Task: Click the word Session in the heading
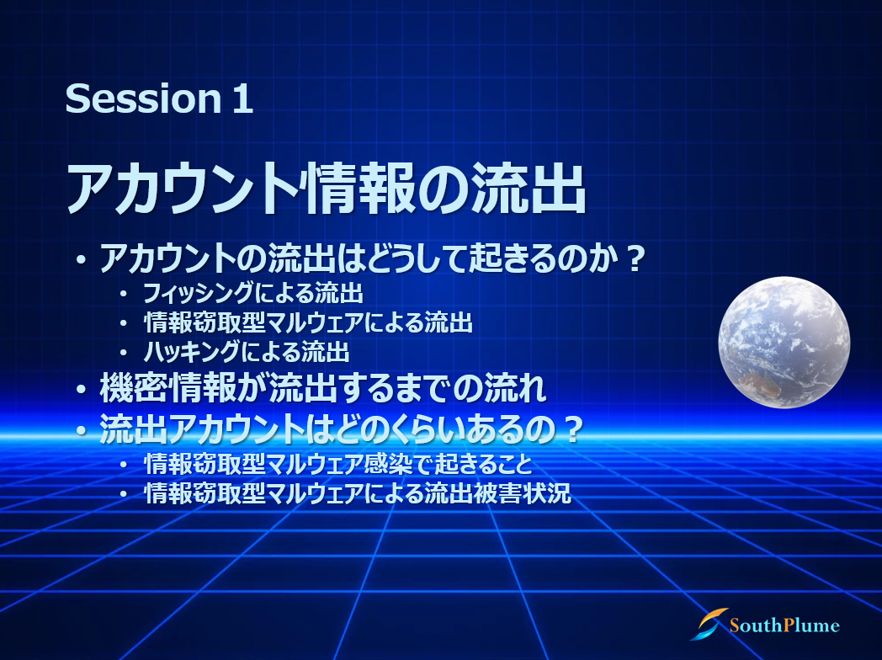coord(144,98)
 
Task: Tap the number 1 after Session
coord(242,99)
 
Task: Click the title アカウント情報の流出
coord(327,189)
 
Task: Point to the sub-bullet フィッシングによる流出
coord(253,293)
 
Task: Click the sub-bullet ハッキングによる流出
coord(247,352)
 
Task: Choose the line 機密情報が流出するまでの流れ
coord(323,388)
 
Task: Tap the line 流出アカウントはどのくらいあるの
coord(340,428)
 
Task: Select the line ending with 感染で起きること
coord(338,464)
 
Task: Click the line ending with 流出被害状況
coord(358,493)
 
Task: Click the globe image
coord(784,342)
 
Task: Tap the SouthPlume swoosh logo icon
coord(709,624)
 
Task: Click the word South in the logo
coord(756,625)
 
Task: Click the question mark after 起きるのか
coord(635,258)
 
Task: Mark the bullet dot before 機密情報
coord(82,390)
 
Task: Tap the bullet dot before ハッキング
coord(123,353)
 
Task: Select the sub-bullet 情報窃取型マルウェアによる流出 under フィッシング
coord(308,322)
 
